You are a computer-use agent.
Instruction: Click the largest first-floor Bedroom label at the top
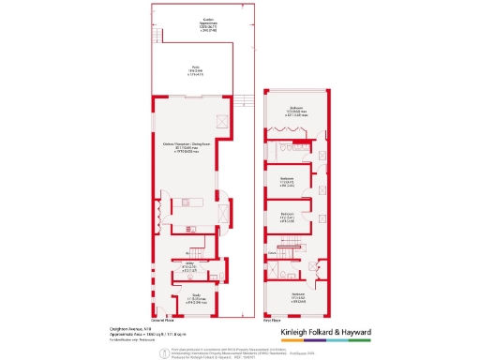[296, 112]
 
